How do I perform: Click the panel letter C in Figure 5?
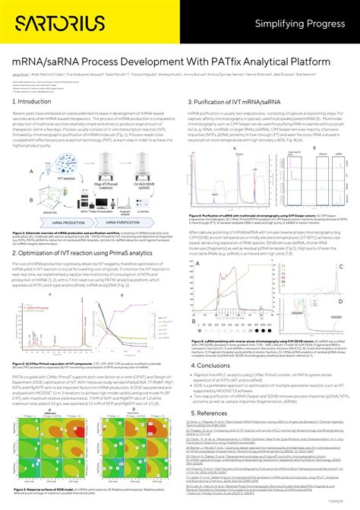pyautogui.click(x=341, y=245)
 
